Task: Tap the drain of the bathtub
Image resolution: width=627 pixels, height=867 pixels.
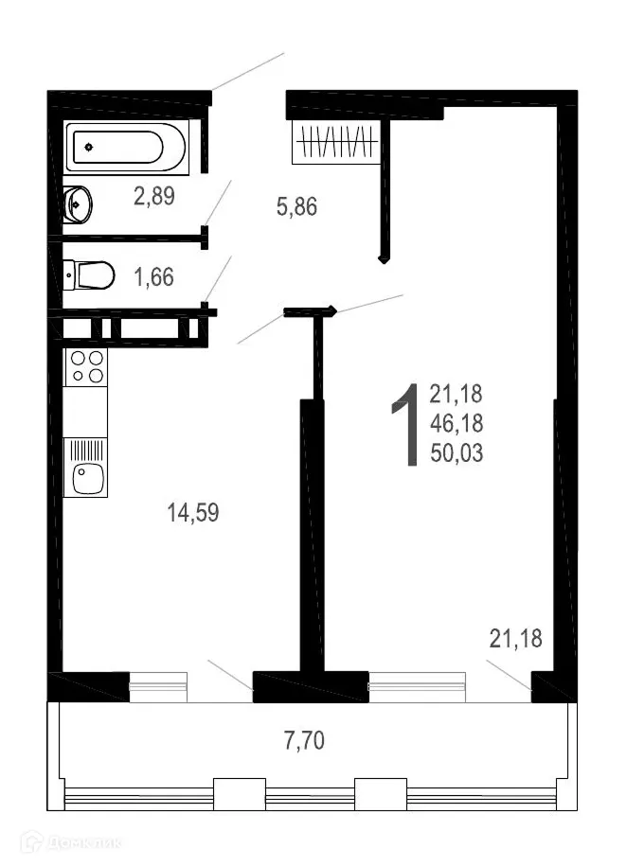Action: [89, 148]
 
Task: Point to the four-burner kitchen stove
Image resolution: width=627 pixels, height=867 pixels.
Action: [86, 367]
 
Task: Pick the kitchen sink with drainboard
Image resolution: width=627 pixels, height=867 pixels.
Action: [86, 466]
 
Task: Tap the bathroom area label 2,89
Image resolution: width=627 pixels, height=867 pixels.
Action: [155, 197]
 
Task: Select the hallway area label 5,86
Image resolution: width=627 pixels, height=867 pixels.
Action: [296, 206]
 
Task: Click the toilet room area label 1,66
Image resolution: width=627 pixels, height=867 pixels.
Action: [155, 277]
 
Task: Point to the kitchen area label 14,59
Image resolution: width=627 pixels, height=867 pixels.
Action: [193, 513]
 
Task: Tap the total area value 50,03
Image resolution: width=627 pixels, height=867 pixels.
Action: [457, 454]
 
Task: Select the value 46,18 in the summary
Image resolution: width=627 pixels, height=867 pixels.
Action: [457, 424]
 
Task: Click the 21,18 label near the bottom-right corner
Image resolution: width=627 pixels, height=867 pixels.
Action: [515, 639]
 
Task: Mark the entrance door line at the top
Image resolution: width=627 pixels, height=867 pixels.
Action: [247, 72]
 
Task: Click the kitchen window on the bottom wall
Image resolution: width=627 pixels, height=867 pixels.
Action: [159, 685]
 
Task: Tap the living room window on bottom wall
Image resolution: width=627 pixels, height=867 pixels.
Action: [417, 685]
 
